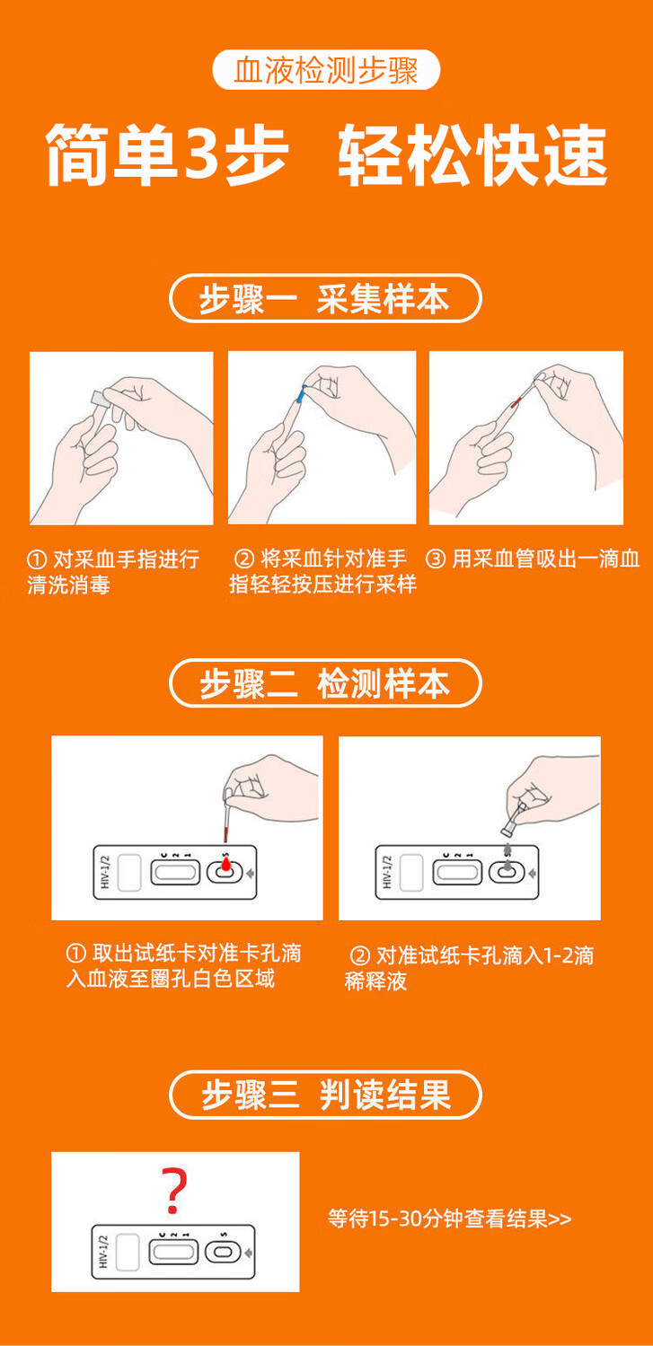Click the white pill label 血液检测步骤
point(326,70)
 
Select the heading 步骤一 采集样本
point(325,298)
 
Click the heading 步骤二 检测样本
point(325,683)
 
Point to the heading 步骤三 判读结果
point(325,1095)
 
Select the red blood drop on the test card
point(225,864)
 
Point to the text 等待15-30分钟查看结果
point(437,1218)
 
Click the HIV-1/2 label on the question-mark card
point(102,1251)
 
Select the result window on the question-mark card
point(173,1252)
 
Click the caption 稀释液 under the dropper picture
point(375,981)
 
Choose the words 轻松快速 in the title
point(472,155)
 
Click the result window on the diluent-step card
point(457,873)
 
